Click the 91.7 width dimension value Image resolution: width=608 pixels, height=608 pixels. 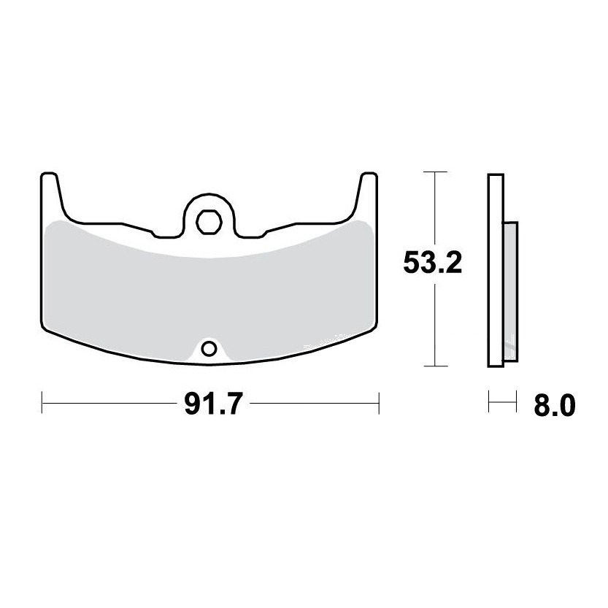coord(213,404)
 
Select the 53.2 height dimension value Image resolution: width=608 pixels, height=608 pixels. coord(432,263)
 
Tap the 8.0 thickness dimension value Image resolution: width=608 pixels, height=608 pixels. coord(555,406)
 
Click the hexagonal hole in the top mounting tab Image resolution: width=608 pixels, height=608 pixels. coord(209,222)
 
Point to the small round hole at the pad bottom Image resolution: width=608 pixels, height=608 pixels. coord(209,350)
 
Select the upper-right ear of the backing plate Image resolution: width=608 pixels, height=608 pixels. coord(368,190)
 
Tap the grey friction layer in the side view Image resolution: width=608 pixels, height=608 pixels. coord(510,292)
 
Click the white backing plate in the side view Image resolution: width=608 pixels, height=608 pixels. coord(496,270)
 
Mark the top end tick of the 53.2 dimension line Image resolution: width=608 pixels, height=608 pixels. coord(436,172)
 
